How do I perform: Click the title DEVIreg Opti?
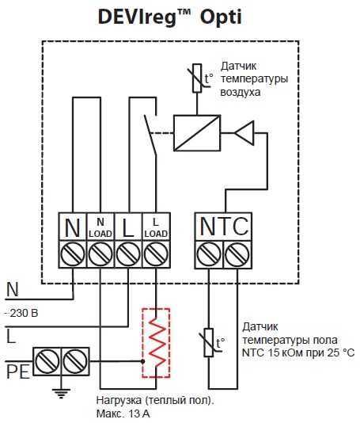tap(170, 17)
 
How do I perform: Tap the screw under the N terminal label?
tap(73, 254)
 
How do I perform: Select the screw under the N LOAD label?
tap(100, 254)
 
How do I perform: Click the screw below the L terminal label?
tap(128, 254)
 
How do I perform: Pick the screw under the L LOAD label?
tap(156, 254)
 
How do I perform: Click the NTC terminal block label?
tap(224, 227)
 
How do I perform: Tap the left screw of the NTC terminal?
tap(209, 254)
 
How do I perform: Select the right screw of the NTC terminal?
tap(237, 254)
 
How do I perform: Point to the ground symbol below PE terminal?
tap(61, 394)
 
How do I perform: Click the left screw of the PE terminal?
tap(47, 361)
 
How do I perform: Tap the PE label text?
tap(17, 372)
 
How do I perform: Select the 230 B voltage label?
tap(21, 313)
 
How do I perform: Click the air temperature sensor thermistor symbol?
tap(198, 78)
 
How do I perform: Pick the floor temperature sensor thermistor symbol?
tap(210, 343)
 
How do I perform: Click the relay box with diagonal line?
tap(197, 133)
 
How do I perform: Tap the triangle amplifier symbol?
tap(244, 133)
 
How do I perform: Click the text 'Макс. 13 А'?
tap(123, 413)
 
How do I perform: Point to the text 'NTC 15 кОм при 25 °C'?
tap(298, 352)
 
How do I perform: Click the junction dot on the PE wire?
tap(143, 361)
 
